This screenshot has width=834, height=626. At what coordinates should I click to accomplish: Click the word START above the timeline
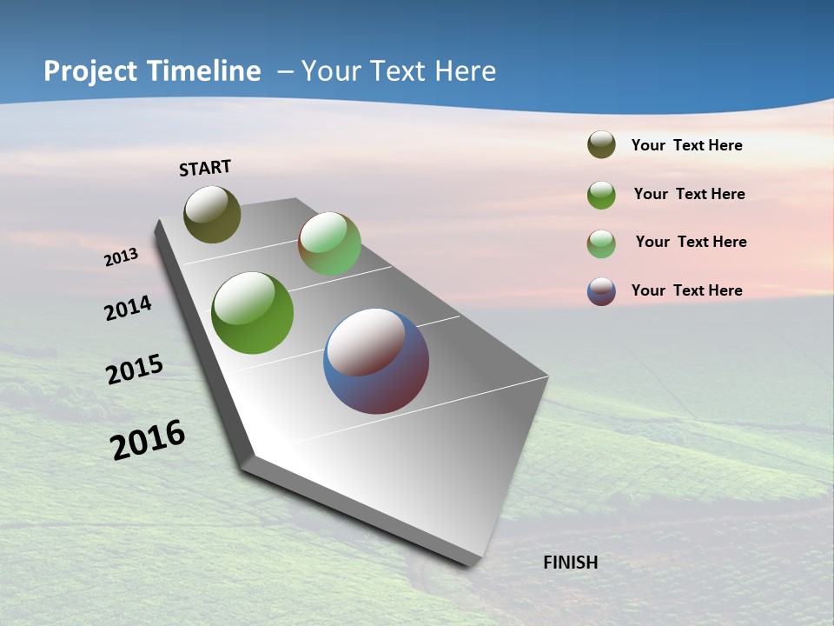coord(205,168)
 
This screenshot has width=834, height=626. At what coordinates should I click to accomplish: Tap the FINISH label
coord(570,563)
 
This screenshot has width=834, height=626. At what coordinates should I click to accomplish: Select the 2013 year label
coord(121,257)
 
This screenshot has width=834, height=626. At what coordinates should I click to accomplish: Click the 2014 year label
coord(128,309)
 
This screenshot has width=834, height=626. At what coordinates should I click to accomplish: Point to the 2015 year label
coord(134,370)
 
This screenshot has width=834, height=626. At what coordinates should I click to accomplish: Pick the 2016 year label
coord(148,440)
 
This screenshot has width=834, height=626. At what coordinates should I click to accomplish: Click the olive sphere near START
coord(212,214)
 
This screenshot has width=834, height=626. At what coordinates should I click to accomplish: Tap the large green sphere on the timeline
coord(252,313)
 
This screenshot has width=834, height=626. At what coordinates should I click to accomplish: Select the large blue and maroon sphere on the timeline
coord(376,361)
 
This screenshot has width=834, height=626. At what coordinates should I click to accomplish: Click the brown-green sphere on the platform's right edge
coord(329,243)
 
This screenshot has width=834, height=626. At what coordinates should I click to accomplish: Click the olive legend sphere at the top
coord(601,145)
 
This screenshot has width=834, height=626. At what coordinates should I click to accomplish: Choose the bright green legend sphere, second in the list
coord(601,195)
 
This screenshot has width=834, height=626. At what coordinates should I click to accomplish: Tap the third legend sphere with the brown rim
coord(601,243)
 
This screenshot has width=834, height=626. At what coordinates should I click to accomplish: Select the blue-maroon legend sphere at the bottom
coord(601,291)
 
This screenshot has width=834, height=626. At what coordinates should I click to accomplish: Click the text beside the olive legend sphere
coord(686,146)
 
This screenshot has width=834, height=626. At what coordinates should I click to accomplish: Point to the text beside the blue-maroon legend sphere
coord(686,290)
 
